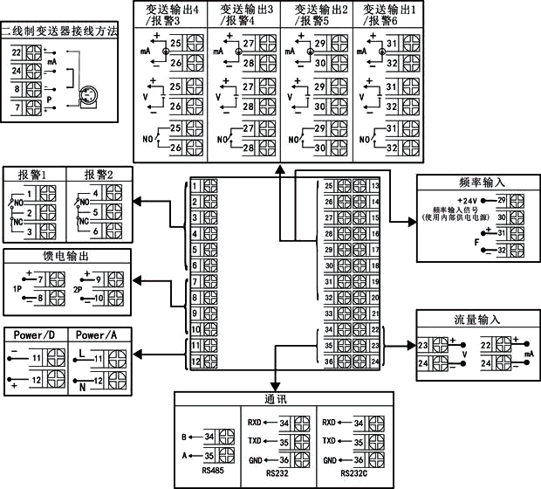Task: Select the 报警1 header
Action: (x=32, y=173)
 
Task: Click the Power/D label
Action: (x=34, y=334)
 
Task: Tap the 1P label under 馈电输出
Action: (x=17, y=289)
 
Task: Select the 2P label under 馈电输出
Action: (x=79, y=289)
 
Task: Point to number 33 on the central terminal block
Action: (x=329, y=312)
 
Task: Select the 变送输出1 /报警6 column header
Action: (x=390, y=13)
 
